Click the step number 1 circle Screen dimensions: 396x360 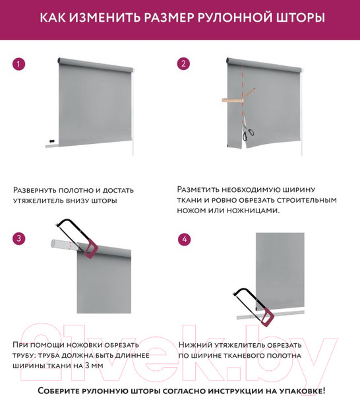19,64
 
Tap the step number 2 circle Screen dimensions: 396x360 184,64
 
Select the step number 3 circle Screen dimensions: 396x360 19,238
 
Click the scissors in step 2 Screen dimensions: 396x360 246,132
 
